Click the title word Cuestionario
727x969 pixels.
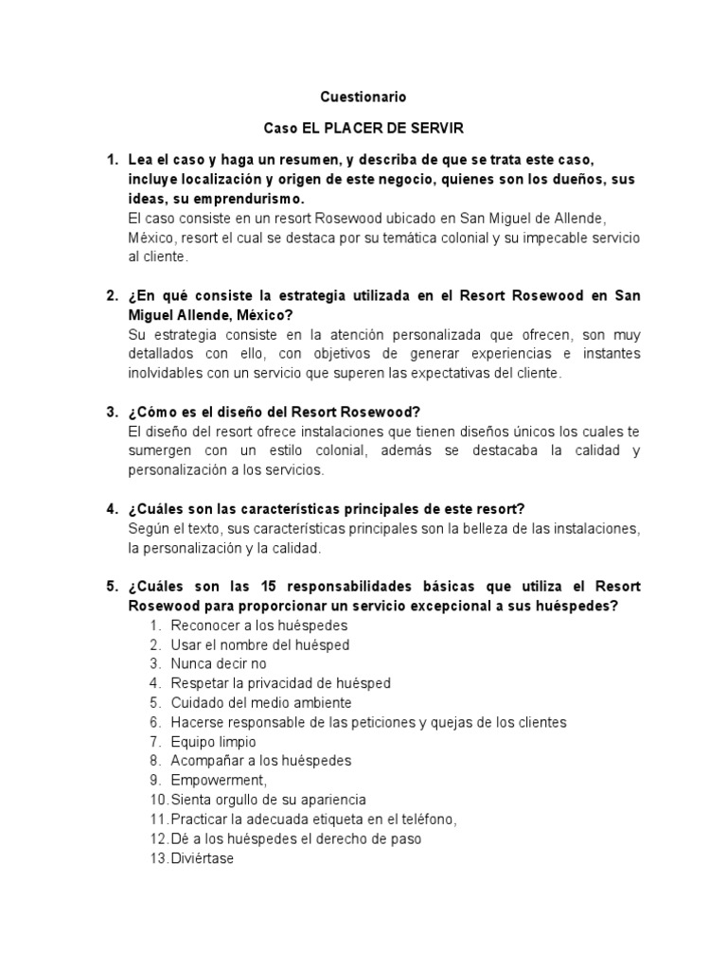363,97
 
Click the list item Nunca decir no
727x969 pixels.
219,663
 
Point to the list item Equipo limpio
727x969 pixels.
213,741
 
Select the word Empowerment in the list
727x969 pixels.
219,780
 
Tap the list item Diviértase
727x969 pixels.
203,857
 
